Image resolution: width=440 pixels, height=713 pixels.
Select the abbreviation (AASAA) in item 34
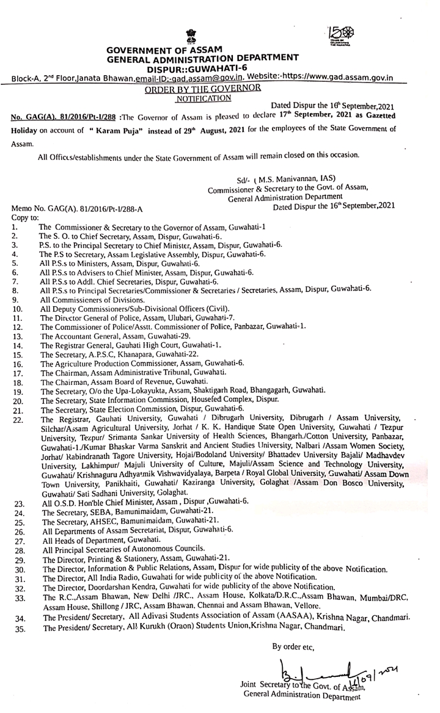[x=306, y=618]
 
